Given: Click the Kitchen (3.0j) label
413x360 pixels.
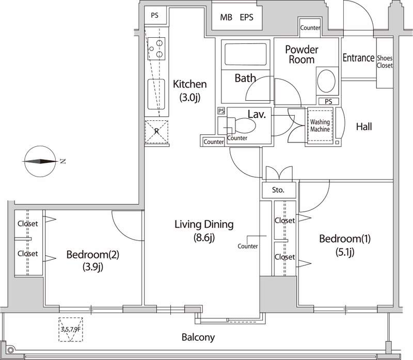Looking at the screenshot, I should point(190,90).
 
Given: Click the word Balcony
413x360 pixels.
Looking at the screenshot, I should point(198,338).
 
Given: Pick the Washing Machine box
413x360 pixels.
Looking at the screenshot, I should point(320,126).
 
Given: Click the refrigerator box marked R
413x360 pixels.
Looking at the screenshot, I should point(157,131).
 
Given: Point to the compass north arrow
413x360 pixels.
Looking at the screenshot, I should point(39,161).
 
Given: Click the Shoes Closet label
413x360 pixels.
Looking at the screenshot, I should point(385,62).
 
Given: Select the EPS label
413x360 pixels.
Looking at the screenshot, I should point(247,17).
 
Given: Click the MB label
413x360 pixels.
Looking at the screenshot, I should point(226,17).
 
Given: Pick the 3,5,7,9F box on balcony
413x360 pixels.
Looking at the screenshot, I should point(71,328).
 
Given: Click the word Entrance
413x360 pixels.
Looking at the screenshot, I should point(358,58).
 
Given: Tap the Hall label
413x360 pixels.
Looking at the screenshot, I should point(364,127).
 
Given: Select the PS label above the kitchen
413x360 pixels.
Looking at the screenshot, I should point(154,15).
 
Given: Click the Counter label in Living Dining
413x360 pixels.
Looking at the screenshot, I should point(248,246).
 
